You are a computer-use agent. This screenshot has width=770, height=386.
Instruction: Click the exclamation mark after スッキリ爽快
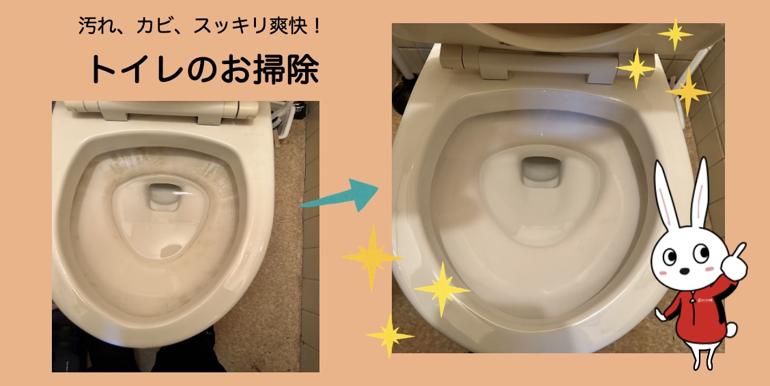tap(316, 25)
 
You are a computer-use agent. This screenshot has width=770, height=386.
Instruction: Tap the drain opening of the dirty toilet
tap(165, 197)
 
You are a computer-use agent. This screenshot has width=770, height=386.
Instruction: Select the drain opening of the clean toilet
tap(541, 172)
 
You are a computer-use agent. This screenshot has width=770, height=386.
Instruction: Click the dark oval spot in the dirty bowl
tap(171, 251)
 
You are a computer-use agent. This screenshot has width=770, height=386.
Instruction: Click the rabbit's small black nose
tap(683, 270)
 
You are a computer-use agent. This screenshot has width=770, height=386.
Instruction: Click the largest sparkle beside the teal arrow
tap(372, 257)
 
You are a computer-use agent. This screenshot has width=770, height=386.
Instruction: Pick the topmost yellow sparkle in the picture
tap(675, 34)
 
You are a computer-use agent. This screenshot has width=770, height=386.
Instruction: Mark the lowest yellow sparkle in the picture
tap(390, 336)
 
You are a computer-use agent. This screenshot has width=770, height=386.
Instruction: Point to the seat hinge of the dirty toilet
tap(162, 111)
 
